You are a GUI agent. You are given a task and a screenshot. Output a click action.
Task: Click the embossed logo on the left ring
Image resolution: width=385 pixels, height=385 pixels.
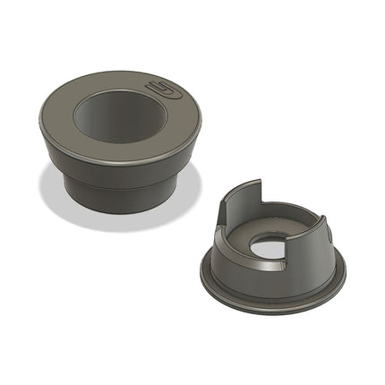click(x=164, y=90)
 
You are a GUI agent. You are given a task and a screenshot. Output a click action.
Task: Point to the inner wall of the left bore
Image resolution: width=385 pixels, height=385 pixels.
click(x=98, y=111)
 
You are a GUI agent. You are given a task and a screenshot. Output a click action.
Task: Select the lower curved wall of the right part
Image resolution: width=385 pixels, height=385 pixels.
click(x=313, y=246)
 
